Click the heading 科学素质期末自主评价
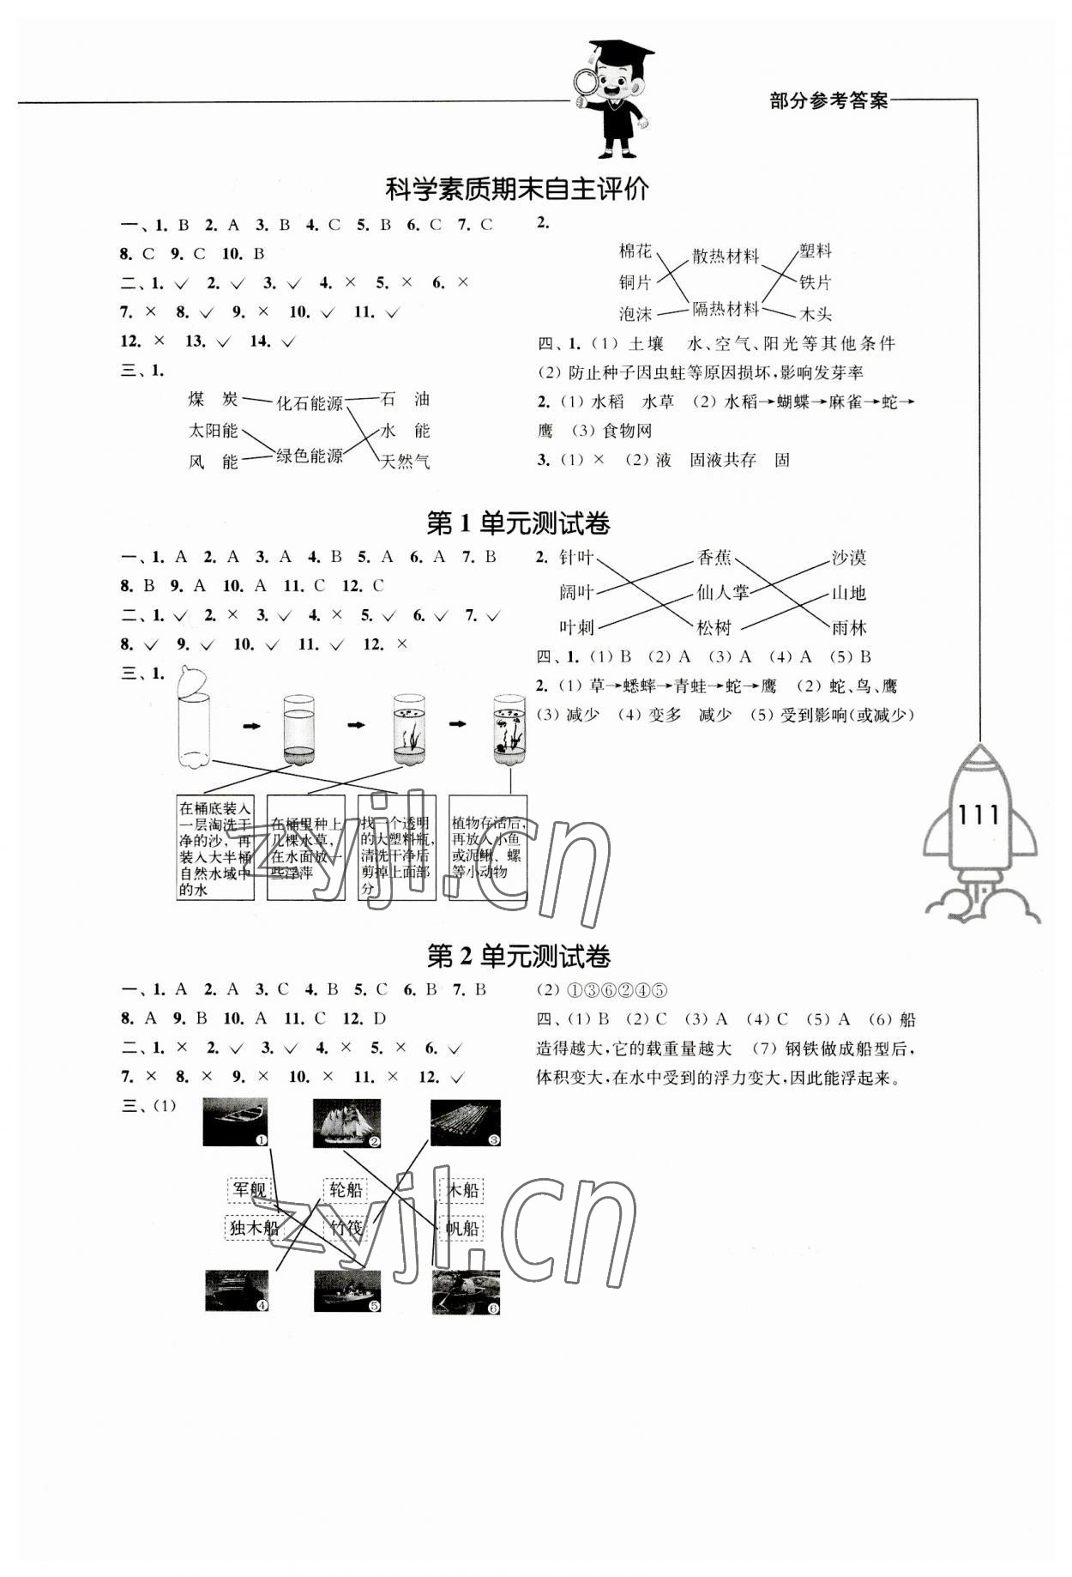pos(517,190)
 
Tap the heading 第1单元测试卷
pos(518,523)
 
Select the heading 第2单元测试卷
pos(518,957)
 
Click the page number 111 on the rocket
pos(978,814)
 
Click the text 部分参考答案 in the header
pos(828,101)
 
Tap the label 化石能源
pos(309,402)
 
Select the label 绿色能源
pos(309,456)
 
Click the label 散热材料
pos(726,256)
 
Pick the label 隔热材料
pos(726,309)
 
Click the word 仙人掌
pos(722,592)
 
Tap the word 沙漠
pos(848,559)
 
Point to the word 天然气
pos(405,462)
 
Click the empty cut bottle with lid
pos(193,716)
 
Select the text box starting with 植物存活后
pos(488,846)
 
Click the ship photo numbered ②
pos(346,1122)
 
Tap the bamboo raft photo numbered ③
pos(465,1122)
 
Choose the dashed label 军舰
pos(250,1189)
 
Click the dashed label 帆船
pos(461,1228)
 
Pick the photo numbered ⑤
pos(346,1290)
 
